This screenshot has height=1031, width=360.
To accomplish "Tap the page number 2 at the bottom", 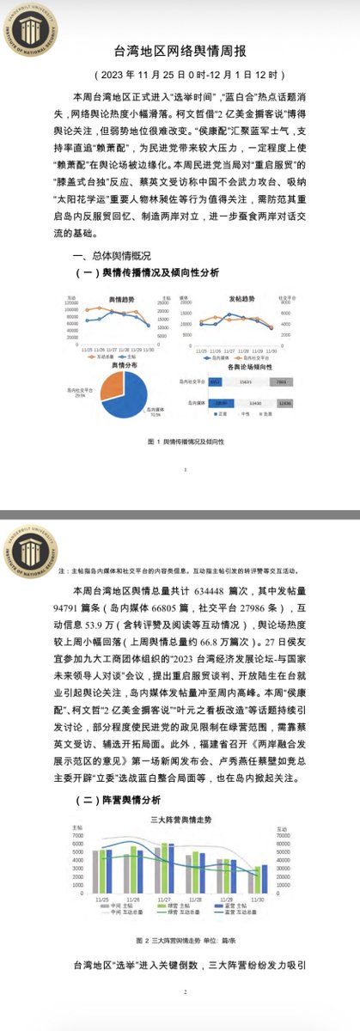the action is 185,1016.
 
